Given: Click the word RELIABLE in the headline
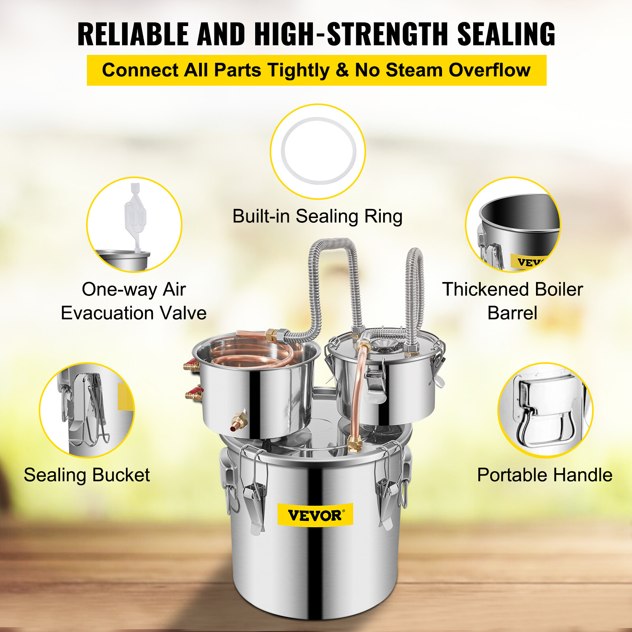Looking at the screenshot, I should pos(133,34).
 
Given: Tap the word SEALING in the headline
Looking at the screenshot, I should pos(506,34).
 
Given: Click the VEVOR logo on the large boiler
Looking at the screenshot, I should pos(315,515).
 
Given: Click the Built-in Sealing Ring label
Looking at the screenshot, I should pos(317,216).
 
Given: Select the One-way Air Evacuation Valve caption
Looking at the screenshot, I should pos(134,301).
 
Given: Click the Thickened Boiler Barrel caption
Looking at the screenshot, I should pos(512,301).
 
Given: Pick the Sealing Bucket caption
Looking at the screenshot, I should pos(87,475).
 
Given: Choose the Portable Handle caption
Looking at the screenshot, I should pos(545,475).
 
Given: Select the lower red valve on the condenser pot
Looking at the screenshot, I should pos(194,394).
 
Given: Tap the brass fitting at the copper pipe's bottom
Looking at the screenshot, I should pos(354,444).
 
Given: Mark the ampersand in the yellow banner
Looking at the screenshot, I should pos(342,70).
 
